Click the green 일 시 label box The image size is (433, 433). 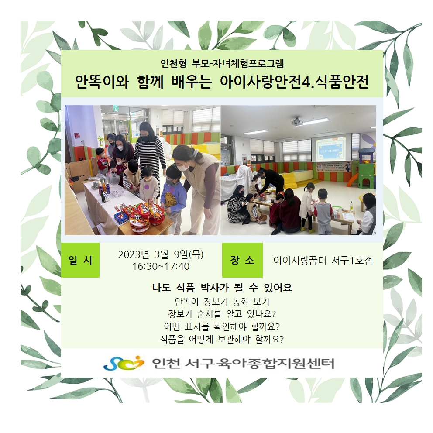(x=80, y=260)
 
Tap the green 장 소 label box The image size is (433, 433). (x=242, y=260)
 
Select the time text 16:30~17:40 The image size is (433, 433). (x=161, y=267)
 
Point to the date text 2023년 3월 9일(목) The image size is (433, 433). (x=161, y=254)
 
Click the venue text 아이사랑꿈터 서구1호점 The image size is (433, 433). (x=323, y=260)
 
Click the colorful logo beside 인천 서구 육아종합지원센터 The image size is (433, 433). (x=124, y=363)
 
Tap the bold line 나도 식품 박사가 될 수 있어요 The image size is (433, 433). (x=222, y=288)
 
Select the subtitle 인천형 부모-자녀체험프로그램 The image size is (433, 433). (x=222, y=64)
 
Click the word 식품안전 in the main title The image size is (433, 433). (x=340, y=82)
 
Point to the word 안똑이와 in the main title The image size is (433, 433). (x=102, y=82)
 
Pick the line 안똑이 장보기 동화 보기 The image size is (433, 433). (x=222, y=301)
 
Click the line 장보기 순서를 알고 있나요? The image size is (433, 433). (x=222, y=314)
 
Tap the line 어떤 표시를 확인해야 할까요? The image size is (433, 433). (x=222, y=326)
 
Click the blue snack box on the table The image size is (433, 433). (x=121, y=217)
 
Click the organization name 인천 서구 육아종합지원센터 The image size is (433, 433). (x=243, y=364)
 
